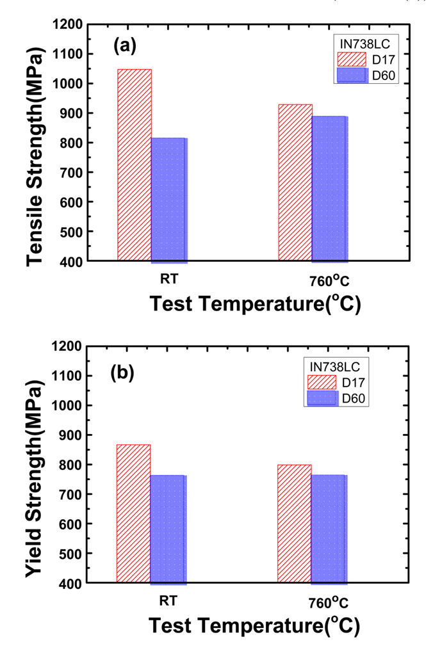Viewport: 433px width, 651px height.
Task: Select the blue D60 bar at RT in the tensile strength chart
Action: [x=169, y=199]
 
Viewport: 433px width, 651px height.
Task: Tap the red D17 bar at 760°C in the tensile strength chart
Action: [x=295, y=182]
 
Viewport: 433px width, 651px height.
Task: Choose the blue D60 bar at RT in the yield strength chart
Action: [x=168, y=529]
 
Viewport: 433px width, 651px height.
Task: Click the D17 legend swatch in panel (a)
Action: [x=352, y=60]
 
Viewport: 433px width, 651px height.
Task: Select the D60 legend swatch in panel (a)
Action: [x=352, y=76]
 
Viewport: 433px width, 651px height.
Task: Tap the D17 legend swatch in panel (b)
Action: [x=322, y=382]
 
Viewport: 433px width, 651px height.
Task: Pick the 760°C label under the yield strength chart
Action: [x=329, y=603]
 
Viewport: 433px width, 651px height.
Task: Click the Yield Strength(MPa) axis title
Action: [x=37, y=466]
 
